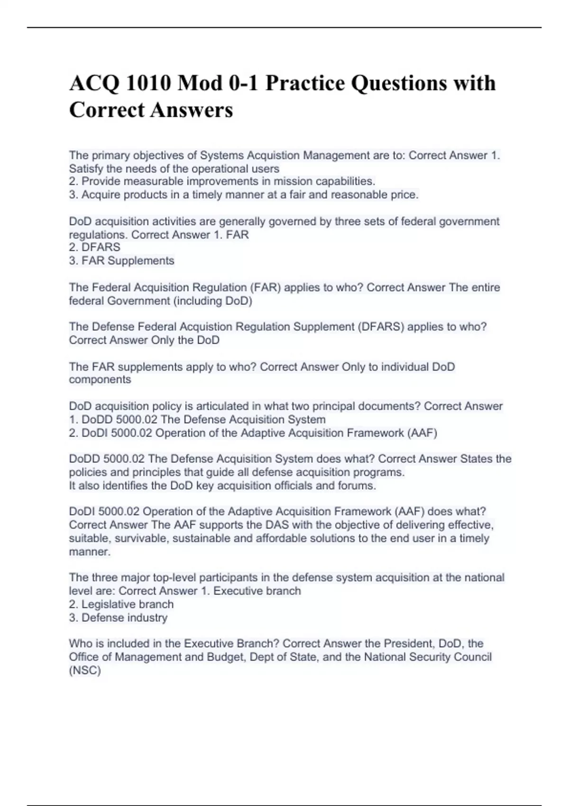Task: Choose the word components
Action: [100, 380]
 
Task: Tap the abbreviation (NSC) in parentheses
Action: [85, 671]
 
